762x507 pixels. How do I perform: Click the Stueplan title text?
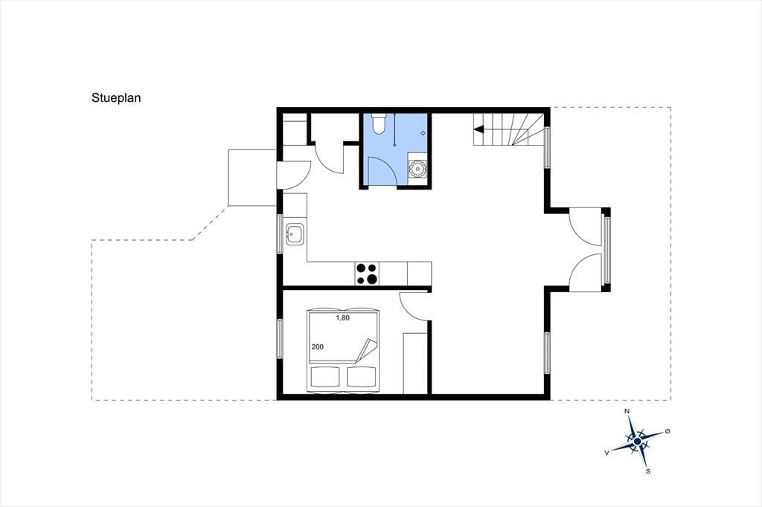(x=116, y=98)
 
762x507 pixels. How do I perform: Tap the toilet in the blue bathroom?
(x=379, y=124)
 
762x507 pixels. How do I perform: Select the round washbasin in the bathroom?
(x=417, y=169)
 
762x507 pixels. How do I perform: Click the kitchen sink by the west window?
(x=295, y=234)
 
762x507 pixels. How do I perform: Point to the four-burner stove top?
(x=367, y=274)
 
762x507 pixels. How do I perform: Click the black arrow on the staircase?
(x=478, y=129)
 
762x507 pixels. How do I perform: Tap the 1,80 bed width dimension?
(x=342, y=318)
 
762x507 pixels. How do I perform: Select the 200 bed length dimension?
(x=317, y=346)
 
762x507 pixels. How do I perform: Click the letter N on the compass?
(x=627, y=412)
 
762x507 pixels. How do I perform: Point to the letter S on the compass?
(x=648, y=471)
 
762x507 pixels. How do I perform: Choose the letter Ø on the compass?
(x=667, y=431)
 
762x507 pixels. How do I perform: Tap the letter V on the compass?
(x=607, y=452)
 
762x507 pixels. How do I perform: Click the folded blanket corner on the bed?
(x=366, y=350)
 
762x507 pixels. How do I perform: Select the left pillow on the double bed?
(x=324, y=377)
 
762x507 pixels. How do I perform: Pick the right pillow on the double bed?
(x=362, y=377)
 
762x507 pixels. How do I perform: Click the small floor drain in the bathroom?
(x=423, y=133)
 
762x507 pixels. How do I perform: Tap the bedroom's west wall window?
(x=280, y=338)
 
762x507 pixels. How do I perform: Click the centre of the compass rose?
(x=637, y=441)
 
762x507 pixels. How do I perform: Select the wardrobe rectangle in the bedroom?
(x=415, y=363)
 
